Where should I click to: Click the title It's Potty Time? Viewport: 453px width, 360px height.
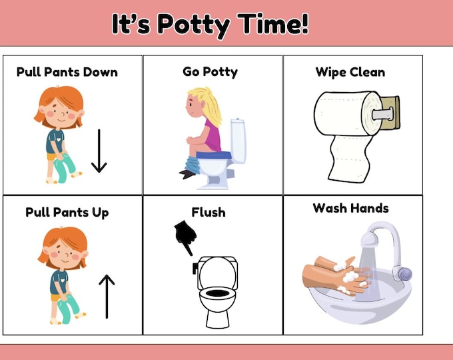point(210,25)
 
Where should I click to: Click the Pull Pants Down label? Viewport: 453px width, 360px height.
point(67,71)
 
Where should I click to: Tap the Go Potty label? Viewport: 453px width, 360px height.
point(210,71)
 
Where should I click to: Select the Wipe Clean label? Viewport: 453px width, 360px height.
point(350,71)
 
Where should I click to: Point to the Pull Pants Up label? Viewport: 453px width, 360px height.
point(67,213)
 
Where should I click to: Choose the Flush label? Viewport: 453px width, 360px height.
point(209,213)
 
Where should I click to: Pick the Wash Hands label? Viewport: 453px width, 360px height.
point(350,208)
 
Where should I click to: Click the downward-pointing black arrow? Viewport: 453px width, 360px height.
point(99,151)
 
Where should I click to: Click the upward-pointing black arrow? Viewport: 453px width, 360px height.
point(107,296)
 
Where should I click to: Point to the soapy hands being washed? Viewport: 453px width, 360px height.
point(336,277)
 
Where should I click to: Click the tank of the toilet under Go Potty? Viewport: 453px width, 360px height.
point(238,140)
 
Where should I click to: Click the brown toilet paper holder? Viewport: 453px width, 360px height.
point(389,113)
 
